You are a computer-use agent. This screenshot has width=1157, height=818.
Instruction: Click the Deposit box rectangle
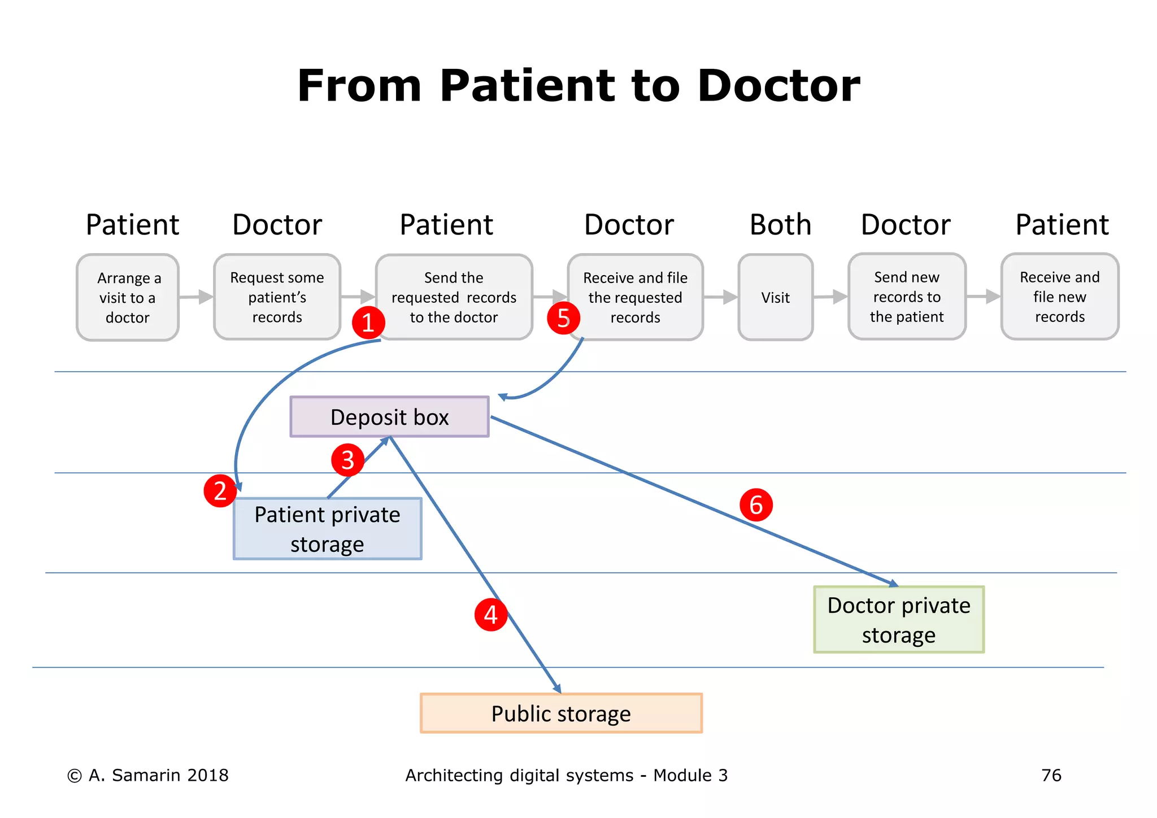click(x=389, y=417)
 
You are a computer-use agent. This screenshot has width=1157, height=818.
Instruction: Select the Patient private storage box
click(x=327, y=529)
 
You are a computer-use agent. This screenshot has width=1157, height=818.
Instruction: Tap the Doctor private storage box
click(x=898, y=620)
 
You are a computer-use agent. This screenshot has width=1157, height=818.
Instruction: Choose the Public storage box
click(x=561, y=713)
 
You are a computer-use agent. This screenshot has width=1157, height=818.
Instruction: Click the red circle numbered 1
click(x=368, y=323)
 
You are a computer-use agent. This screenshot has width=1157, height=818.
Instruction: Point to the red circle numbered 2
click(x=220, y=490)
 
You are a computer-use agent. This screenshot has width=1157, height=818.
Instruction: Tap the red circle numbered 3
click(x=347, y=459)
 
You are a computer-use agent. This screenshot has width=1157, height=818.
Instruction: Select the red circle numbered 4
click(x=490, y=615)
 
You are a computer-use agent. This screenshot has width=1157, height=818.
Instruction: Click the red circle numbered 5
click(x=563, y=318)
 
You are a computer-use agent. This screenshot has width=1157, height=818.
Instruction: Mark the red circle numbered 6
click(x=756, y=504)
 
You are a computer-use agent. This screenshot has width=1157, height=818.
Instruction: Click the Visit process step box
click(x=775, y=297)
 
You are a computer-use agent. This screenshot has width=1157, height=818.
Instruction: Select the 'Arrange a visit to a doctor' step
click(x=128, y=297)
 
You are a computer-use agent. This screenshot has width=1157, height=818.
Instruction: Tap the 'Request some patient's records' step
click(x=277, y=297)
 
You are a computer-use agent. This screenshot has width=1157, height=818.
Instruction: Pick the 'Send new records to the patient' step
click(x=907, y=297)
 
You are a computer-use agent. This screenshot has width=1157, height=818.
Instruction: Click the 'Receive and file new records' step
click(x=1060, y=297)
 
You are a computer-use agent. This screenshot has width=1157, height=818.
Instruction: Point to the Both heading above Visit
click(x=780, y=225)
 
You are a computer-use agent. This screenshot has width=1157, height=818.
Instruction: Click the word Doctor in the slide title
click(x=778, y=86)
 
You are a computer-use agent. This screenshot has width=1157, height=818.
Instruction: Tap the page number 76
click(x=1051, y=775)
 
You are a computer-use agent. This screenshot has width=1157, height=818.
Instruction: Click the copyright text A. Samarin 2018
click(x=148, y=775)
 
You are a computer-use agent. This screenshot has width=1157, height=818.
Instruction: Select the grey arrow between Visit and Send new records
click(x=830, y=297)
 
